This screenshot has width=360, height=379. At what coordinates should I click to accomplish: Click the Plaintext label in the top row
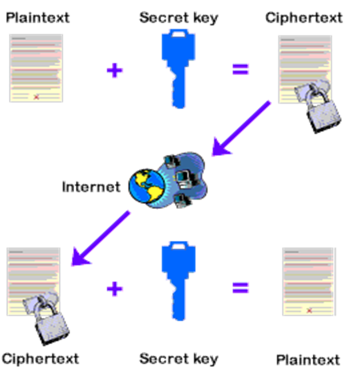pos(38,18)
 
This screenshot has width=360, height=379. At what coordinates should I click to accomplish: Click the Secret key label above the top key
pos(178,18)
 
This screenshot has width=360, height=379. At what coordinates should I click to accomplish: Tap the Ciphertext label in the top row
pos(303,18)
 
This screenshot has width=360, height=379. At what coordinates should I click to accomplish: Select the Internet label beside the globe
pos(91,186)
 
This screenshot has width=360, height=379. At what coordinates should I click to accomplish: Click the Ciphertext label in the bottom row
pos(40,358)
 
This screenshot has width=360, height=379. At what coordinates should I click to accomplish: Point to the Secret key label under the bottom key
pos(178,358)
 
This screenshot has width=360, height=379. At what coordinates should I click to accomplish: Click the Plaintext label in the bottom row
pos(308,360)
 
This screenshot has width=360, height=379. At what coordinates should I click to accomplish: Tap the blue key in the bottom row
pos(178,278)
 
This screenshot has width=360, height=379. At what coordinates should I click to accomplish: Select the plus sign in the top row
pos(115,70)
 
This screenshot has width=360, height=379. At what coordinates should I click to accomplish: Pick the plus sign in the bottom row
pos(115,288)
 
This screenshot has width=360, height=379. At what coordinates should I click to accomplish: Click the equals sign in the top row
pos(240,69)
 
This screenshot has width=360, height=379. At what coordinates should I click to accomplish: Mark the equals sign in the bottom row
pos(240,287)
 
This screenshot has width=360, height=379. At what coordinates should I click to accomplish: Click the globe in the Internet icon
pos(147,186)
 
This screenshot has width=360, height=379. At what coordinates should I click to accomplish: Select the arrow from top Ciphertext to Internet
pos(241,128)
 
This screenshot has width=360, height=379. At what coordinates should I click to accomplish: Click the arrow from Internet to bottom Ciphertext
pos(101,238)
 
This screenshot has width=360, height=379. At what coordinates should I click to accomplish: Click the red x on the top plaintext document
pos(36,97)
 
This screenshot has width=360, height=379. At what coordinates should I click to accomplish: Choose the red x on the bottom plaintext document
pos(309,310)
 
